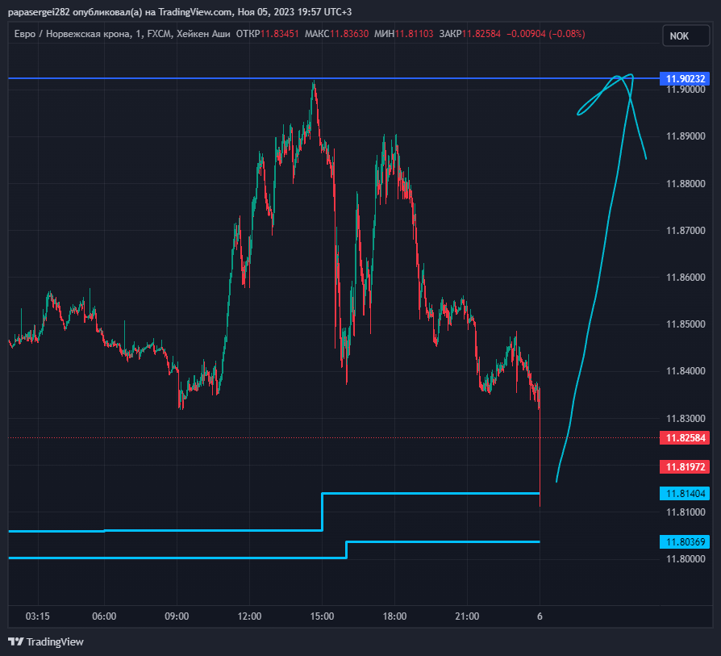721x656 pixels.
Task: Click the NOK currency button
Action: point(686,36)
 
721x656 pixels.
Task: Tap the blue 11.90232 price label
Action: point(685,78)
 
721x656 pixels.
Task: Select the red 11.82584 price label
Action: point(685,437)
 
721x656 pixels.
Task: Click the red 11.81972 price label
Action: point(685,467)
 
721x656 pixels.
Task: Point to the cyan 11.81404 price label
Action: point(685,494)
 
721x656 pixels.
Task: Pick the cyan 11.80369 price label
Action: point(685,542)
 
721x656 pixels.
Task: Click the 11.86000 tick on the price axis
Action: point(686,278)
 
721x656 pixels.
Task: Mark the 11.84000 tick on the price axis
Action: point(686,371)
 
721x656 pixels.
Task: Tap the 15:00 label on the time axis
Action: point(322,616)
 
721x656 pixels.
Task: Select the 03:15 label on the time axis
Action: point(38,616)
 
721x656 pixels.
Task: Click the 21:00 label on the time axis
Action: point(467,616)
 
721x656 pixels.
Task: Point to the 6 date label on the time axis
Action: point(540,616)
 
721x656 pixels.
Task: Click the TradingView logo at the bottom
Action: point(46,641)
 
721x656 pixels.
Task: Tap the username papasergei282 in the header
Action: point(39,12)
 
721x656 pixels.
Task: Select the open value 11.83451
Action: point(280,34)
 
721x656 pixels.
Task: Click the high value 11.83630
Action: point(349,34)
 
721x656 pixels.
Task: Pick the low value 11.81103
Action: point(415,34)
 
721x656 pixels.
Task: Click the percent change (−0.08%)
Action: point(567,34)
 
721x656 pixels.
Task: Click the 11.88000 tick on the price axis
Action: point(686,183)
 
